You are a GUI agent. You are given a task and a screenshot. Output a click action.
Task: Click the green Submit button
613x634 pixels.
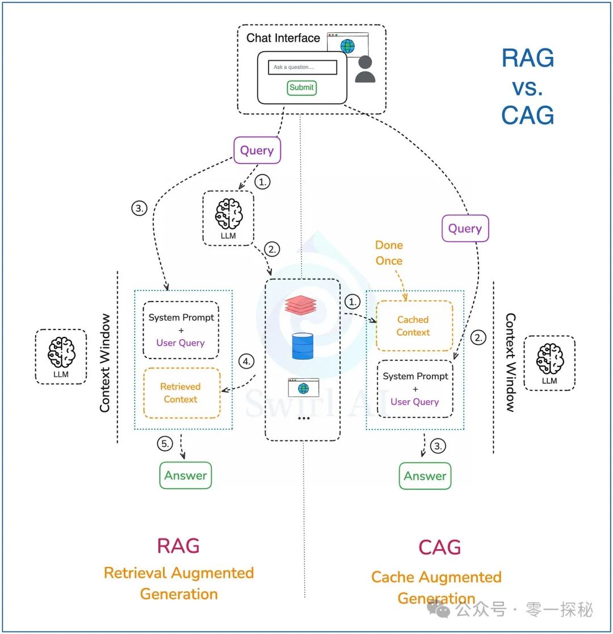tap(301, 87)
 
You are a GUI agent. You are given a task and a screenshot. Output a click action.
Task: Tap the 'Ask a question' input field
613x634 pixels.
tap(303, 68)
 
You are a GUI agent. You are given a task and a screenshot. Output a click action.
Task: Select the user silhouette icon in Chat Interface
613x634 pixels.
tap(365, 69)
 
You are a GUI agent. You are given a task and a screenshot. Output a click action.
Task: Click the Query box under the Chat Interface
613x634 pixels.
tap(257, 151)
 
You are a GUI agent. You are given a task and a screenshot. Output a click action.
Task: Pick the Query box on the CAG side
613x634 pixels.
tap(465, 229)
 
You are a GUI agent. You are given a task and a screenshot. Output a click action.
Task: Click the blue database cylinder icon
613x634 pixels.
tap(303, 347)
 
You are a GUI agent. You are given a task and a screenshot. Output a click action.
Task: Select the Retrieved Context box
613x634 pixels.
tap(181, 393)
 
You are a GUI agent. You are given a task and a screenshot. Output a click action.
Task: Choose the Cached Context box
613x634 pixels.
tap(414, 326)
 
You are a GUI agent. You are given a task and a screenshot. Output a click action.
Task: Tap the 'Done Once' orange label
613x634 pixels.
tap(389, 253)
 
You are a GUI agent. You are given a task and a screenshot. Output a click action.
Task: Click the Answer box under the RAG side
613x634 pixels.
tap(186, 475)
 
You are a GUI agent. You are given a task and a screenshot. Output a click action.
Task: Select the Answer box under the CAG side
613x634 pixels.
tap(425, 476)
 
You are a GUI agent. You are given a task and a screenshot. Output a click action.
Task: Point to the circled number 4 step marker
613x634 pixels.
tap(246, 361)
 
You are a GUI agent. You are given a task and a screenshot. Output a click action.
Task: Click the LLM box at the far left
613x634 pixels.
tap(61, 357)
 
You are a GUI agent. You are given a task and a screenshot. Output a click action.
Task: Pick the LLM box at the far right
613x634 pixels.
tap(549, 362)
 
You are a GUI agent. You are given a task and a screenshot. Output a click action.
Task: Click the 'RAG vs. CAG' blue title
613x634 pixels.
tap(527, 87)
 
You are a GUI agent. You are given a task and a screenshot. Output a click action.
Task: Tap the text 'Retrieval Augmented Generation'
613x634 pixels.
tap(179, 583)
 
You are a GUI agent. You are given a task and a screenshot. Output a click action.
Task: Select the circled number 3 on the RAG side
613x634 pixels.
tap(138, 208)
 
